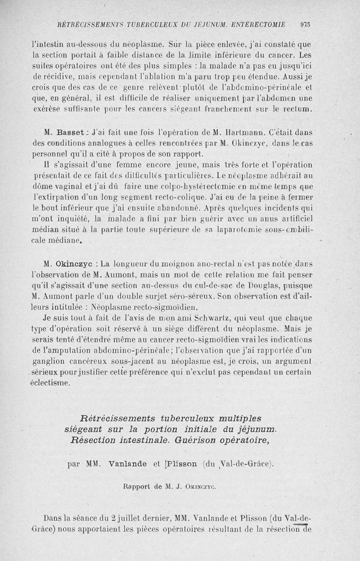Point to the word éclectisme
pos(50,383)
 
